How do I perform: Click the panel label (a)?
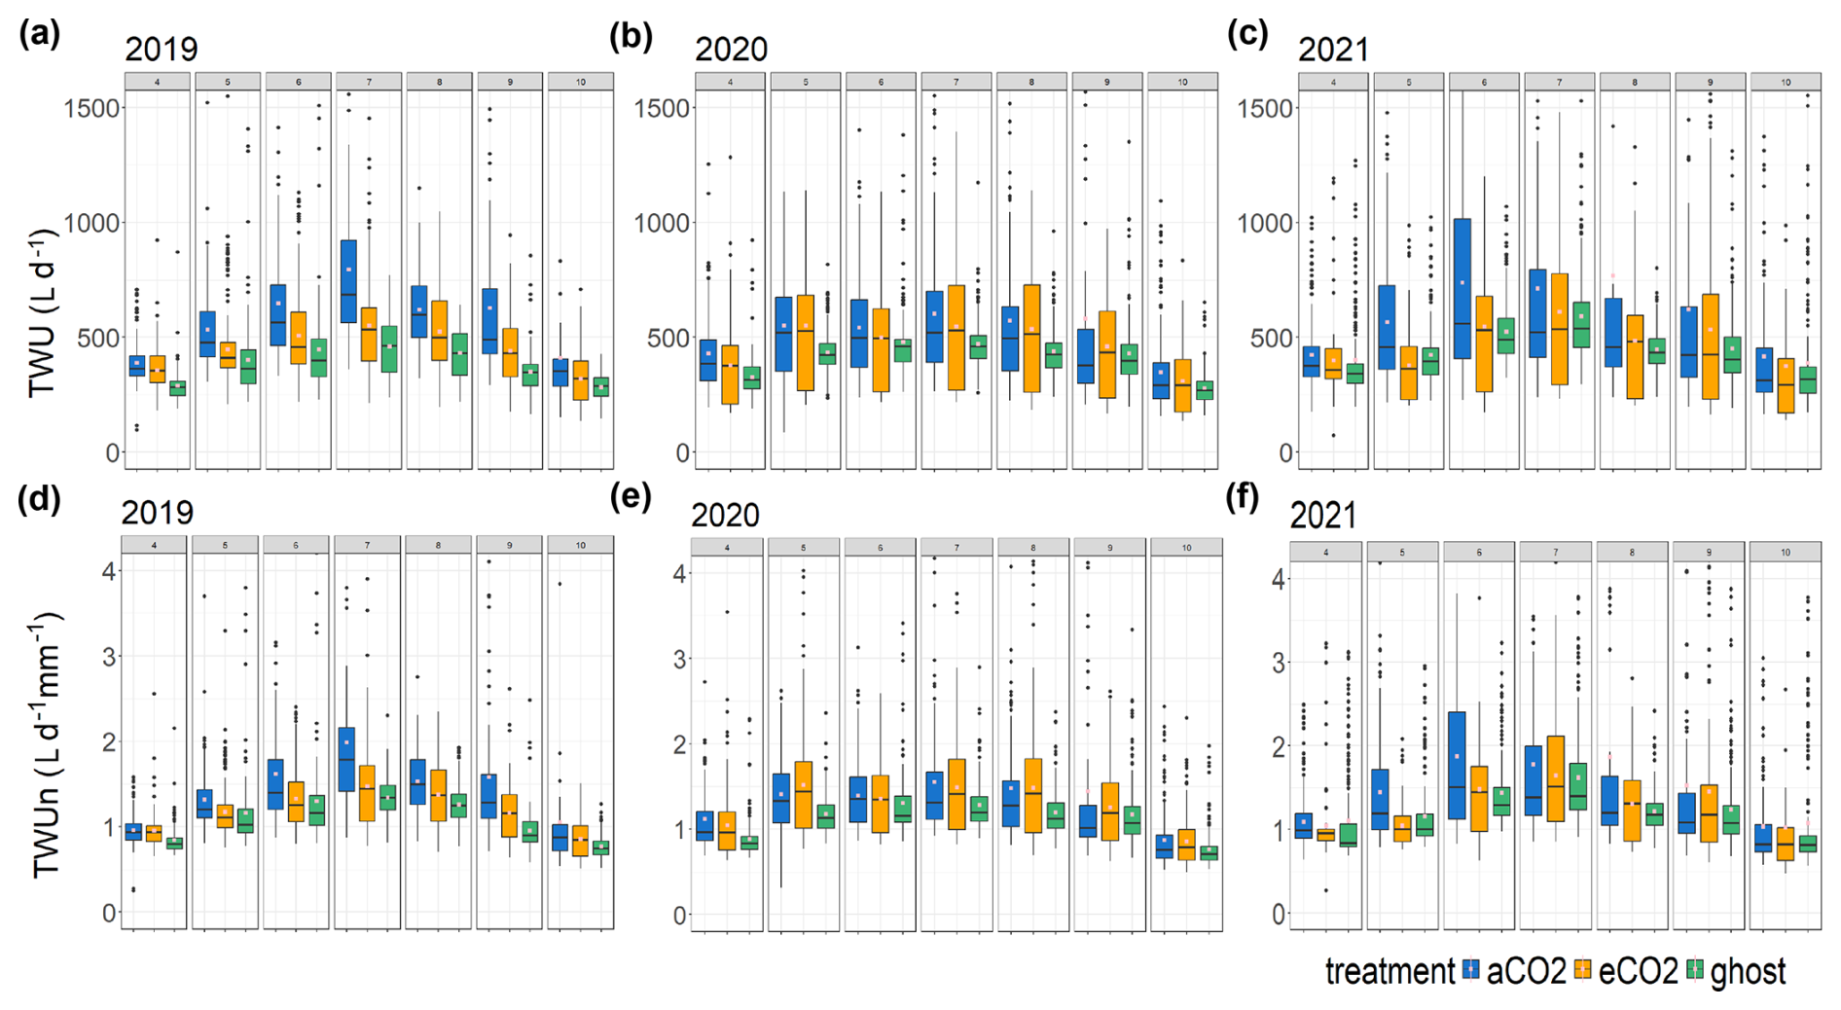(39, 35)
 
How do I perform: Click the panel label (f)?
(1242, 498)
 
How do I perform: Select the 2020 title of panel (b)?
(731, 49)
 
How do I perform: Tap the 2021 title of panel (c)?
(1333, 49)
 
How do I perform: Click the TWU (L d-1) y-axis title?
(41, 313)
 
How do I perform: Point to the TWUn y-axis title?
(45, 744)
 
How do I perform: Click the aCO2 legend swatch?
(1470, 969)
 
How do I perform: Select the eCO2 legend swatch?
(1583, 969)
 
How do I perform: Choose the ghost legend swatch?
(1695, 969)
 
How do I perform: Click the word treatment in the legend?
(1390, 970)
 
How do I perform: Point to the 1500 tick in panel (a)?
(92, 107)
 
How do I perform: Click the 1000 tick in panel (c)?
(1266, 223)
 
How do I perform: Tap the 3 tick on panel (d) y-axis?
(109, 657)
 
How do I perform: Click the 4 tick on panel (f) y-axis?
(1279, 580)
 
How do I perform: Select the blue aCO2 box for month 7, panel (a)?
(347, 281)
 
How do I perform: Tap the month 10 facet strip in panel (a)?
(581, 82)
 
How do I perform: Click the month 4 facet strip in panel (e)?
(729, 548)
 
